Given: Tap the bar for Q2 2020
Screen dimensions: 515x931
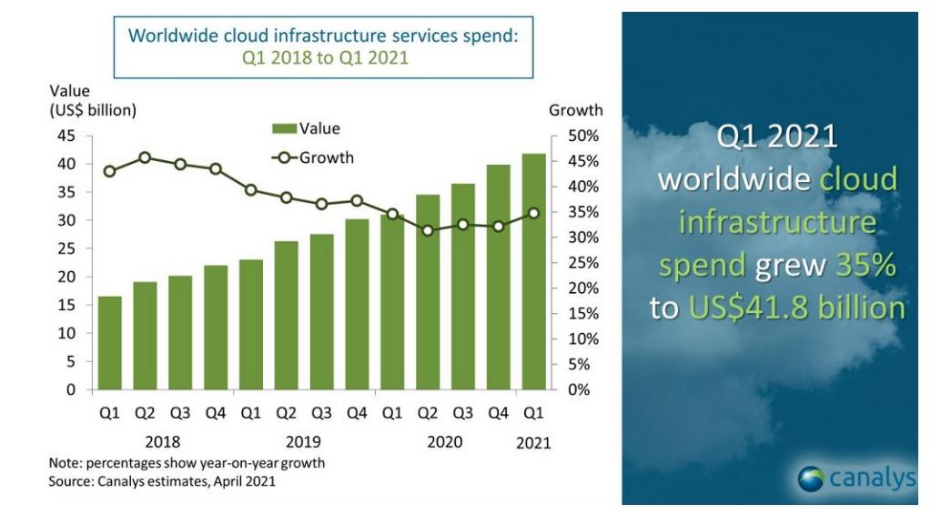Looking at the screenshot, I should tap(427, 292).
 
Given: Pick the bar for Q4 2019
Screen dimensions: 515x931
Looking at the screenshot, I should tap(357, 304).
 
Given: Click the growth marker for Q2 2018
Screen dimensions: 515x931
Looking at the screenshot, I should tap(145, 157).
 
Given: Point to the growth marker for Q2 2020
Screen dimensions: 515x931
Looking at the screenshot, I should tap(427, 231).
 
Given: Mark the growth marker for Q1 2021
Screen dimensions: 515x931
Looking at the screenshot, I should tap(532, 213).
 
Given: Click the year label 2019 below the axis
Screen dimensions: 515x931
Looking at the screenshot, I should tap(302, 443).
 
